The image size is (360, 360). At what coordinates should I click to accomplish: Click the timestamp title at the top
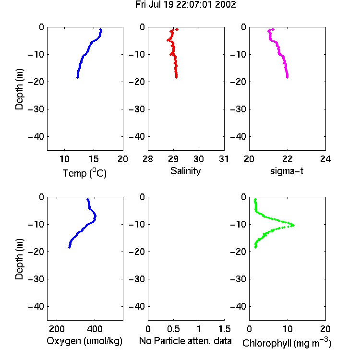pyautogui.click(x=185, y=5)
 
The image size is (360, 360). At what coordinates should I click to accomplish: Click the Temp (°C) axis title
pyautogui.click(x=84, y=173)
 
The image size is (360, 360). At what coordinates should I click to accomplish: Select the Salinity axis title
pyautogui.click(x=185, y=171)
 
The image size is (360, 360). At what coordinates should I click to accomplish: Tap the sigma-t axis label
pyautogui.click(x=287, y=171)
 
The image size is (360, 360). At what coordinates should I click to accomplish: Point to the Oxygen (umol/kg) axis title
pyautogui.click(x=84, y=341)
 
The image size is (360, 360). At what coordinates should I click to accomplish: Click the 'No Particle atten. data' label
pyautogui.click(x=185, y=341)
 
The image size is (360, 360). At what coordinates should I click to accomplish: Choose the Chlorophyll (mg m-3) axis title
pyautogui.click(x=287, y=343)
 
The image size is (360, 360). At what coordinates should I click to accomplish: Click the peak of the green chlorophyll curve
pyautogui.click(x=293, y=225)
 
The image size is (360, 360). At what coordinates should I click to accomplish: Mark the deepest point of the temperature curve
pyautogui.click(x=78, y=77)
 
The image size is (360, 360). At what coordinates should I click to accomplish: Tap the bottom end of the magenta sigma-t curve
pyautogui.click(x=287, y=77)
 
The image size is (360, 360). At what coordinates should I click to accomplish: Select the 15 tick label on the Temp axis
pyautogui.click(x=94, y=159)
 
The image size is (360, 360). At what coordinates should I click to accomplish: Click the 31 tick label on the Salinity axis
pyautogui.click(x=224, y=159)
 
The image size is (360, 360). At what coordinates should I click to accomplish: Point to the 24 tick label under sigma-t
pyautogui.click(x=325, y=159)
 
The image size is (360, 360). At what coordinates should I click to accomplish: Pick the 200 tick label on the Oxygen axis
pyautogui.click(x=57, y=329)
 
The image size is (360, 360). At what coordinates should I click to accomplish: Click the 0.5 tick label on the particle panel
pyautogui.click(x=173, y=329)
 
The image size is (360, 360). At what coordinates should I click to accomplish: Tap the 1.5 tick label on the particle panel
pyautogui.click(x=225, y=329)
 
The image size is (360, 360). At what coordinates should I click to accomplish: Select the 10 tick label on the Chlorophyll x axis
pyautogui.click(x=288, y=329)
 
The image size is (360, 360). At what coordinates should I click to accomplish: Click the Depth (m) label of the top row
pyautogui.click(x=19, y=89)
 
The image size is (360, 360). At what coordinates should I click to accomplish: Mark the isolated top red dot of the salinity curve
pyautogui.click(x=177, y=29)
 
